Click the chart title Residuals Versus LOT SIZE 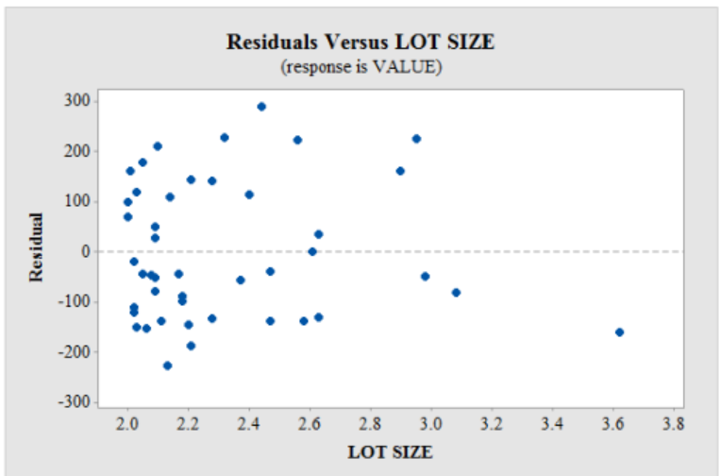360,42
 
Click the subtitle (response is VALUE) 360,67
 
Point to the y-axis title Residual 37,247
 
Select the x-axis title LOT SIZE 390,451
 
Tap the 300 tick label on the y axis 77,101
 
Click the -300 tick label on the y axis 75,402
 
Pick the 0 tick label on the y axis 85,251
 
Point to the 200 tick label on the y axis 77,151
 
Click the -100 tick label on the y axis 75,302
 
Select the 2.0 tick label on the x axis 127,424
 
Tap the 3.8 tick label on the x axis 674,424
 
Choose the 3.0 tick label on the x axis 431,424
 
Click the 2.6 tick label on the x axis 310,424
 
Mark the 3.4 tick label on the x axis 552,424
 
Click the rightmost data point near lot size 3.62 619,331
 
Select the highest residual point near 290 261,107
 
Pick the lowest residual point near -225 167,365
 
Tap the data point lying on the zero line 312,251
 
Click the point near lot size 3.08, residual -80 456,292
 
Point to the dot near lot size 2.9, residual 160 400,171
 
